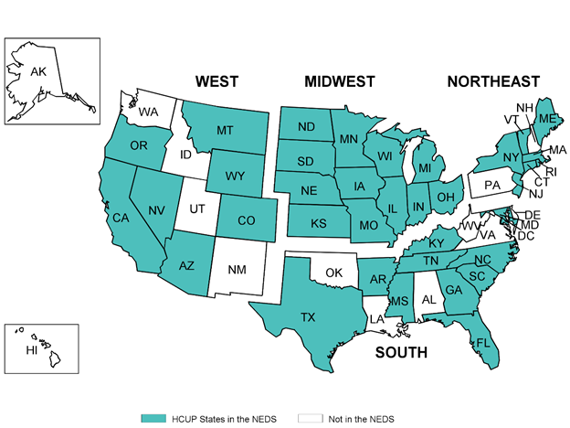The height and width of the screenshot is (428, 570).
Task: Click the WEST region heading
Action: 216,82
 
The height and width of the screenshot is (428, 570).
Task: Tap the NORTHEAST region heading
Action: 492,82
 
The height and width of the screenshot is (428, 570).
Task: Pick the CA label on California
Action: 119,218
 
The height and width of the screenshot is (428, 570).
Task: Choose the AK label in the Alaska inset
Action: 38,71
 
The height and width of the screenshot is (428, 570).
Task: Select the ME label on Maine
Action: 545,119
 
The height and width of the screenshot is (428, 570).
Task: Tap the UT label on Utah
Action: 195,209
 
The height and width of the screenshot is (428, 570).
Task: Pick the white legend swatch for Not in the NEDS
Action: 311,417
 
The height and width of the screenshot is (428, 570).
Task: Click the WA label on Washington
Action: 148,112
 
